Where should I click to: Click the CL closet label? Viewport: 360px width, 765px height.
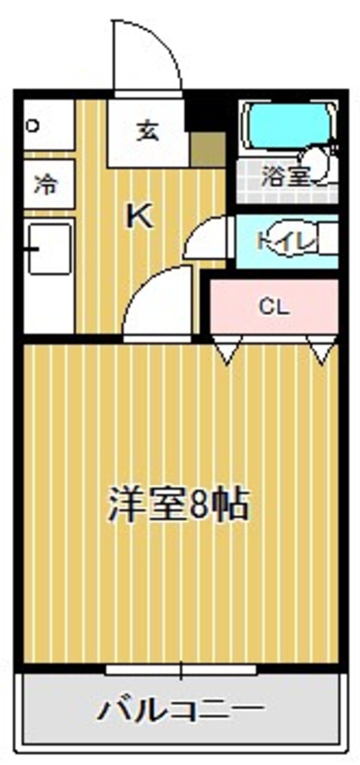pyautogui.click(x=274, y=308)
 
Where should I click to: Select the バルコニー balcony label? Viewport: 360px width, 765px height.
pyautogui.click(x=181, y=711)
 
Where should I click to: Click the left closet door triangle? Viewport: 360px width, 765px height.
pyautogui.click(x=227, y=350)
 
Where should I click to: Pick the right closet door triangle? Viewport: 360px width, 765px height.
pyautogui.click(x=322, y=350)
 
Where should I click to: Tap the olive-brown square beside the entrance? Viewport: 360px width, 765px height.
pyautogui.click(x=208, y=149)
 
